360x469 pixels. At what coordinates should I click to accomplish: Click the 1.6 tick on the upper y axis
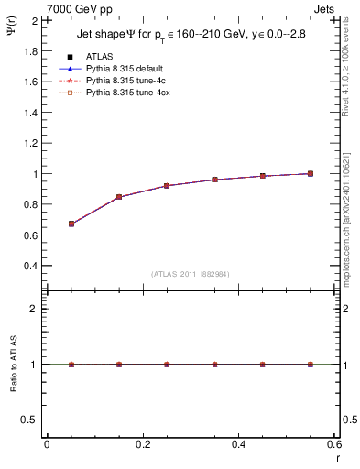30,82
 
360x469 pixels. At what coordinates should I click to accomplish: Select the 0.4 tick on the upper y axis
30,267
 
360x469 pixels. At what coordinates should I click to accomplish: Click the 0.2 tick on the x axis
142,444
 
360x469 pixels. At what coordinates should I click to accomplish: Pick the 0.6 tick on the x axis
333,444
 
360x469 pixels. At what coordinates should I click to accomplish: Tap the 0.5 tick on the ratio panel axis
30,420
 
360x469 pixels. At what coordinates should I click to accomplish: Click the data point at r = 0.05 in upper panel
71,224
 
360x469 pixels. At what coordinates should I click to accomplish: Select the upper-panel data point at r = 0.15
119,197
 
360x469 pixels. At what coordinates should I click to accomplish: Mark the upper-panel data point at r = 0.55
311,173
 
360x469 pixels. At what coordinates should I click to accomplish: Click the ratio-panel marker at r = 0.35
214,365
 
